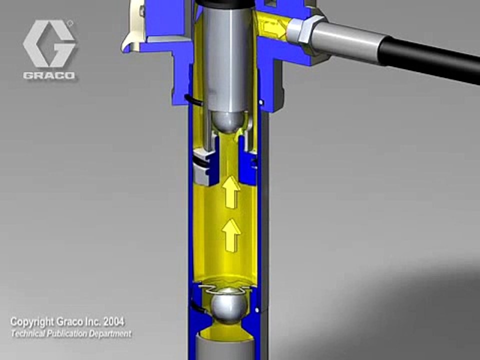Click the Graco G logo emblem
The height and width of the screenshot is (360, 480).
tap(49, 44)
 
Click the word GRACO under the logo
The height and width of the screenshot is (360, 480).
tap(49, 75)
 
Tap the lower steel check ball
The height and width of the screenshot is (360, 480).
tap(229, 306)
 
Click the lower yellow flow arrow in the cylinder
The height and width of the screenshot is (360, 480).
tap(230, 235)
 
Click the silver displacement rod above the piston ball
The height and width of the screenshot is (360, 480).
tap(226, 58)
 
